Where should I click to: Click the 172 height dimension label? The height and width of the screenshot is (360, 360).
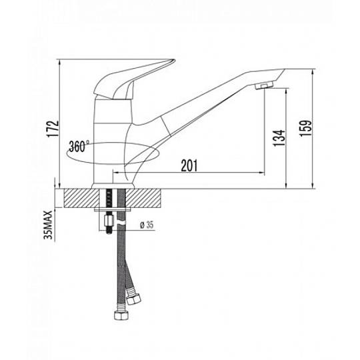coord(53,129)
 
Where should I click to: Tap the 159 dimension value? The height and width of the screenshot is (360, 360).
coord(306,128)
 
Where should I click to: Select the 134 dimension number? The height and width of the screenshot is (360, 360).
coord(279,138)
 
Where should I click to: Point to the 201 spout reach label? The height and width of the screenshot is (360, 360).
coord(189,165)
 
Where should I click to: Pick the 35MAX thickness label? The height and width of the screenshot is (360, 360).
coord(48,225)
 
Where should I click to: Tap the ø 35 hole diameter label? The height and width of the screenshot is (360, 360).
coord(147,225)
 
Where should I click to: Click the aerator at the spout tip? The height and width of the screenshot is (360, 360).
coord(264,86)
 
